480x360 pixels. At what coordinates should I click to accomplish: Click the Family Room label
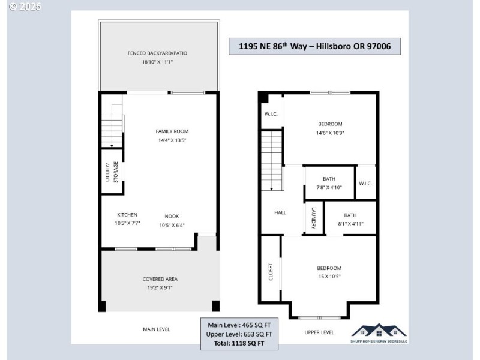172,131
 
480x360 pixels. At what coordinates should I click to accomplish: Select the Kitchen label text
127,215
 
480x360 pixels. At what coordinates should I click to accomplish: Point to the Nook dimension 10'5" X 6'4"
172,226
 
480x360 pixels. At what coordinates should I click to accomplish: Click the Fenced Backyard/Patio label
157,53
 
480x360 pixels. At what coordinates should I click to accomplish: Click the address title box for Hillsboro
315,46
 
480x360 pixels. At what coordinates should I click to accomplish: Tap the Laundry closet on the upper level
313,218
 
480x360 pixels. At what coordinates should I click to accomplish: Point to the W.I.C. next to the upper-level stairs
271,114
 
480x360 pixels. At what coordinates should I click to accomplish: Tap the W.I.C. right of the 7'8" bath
365,183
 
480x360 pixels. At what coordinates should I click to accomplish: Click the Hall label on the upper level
280,212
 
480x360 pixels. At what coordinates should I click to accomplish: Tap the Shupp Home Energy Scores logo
379,333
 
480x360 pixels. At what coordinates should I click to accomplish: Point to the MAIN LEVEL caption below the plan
156,329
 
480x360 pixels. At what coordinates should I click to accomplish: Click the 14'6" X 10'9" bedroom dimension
330,133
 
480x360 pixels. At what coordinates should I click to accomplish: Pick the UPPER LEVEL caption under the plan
319,332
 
